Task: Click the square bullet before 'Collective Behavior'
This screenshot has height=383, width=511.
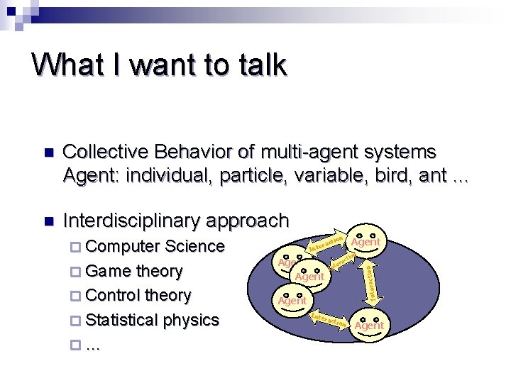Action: (x=48, y=153)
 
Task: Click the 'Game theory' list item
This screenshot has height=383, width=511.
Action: (x=133, y=271)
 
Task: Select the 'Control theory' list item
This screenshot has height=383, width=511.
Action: (x=138, y=295)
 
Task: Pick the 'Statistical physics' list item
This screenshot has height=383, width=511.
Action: (x=152, y=320)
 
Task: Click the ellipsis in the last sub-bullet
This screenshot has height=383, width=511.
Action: (x=92, y=344)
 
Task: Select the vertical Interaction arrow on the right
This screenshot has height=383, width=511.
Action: (x=370, y=281)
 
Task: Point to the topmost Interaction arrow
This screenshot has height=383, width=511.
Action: (x=327, y=243)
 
